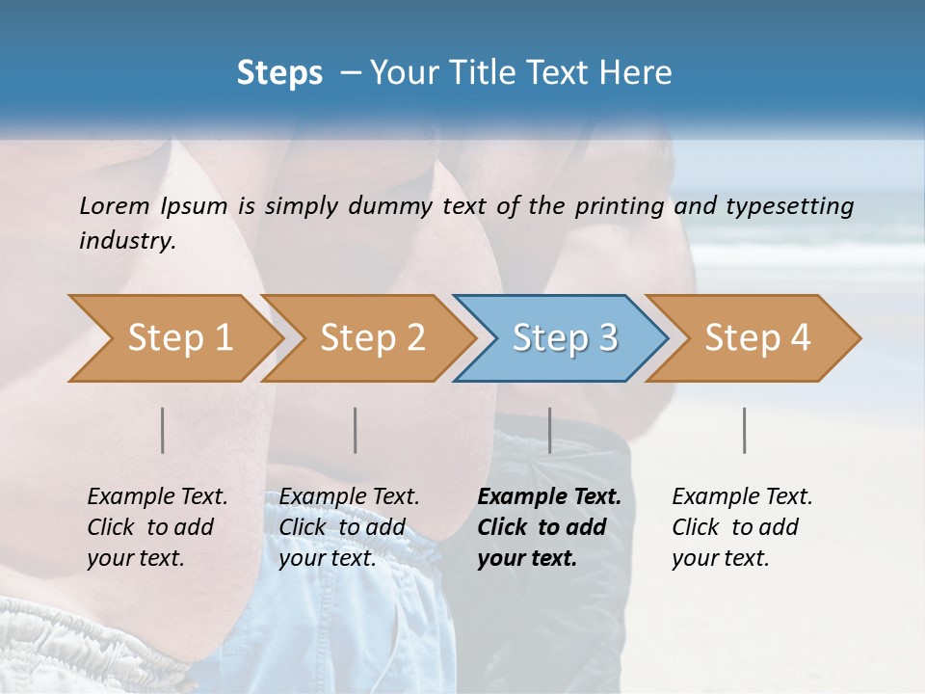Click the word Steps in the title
279,73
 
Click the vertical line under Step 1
163,430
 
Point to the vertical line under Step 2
356,430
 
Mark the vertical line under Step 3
549,430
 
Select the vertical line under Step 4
744,430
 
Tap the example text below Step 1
157,526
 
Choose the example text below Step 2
349,526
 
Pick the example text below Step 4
742,526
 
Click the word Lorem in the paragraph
114,205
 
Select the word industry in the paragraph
127,241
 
